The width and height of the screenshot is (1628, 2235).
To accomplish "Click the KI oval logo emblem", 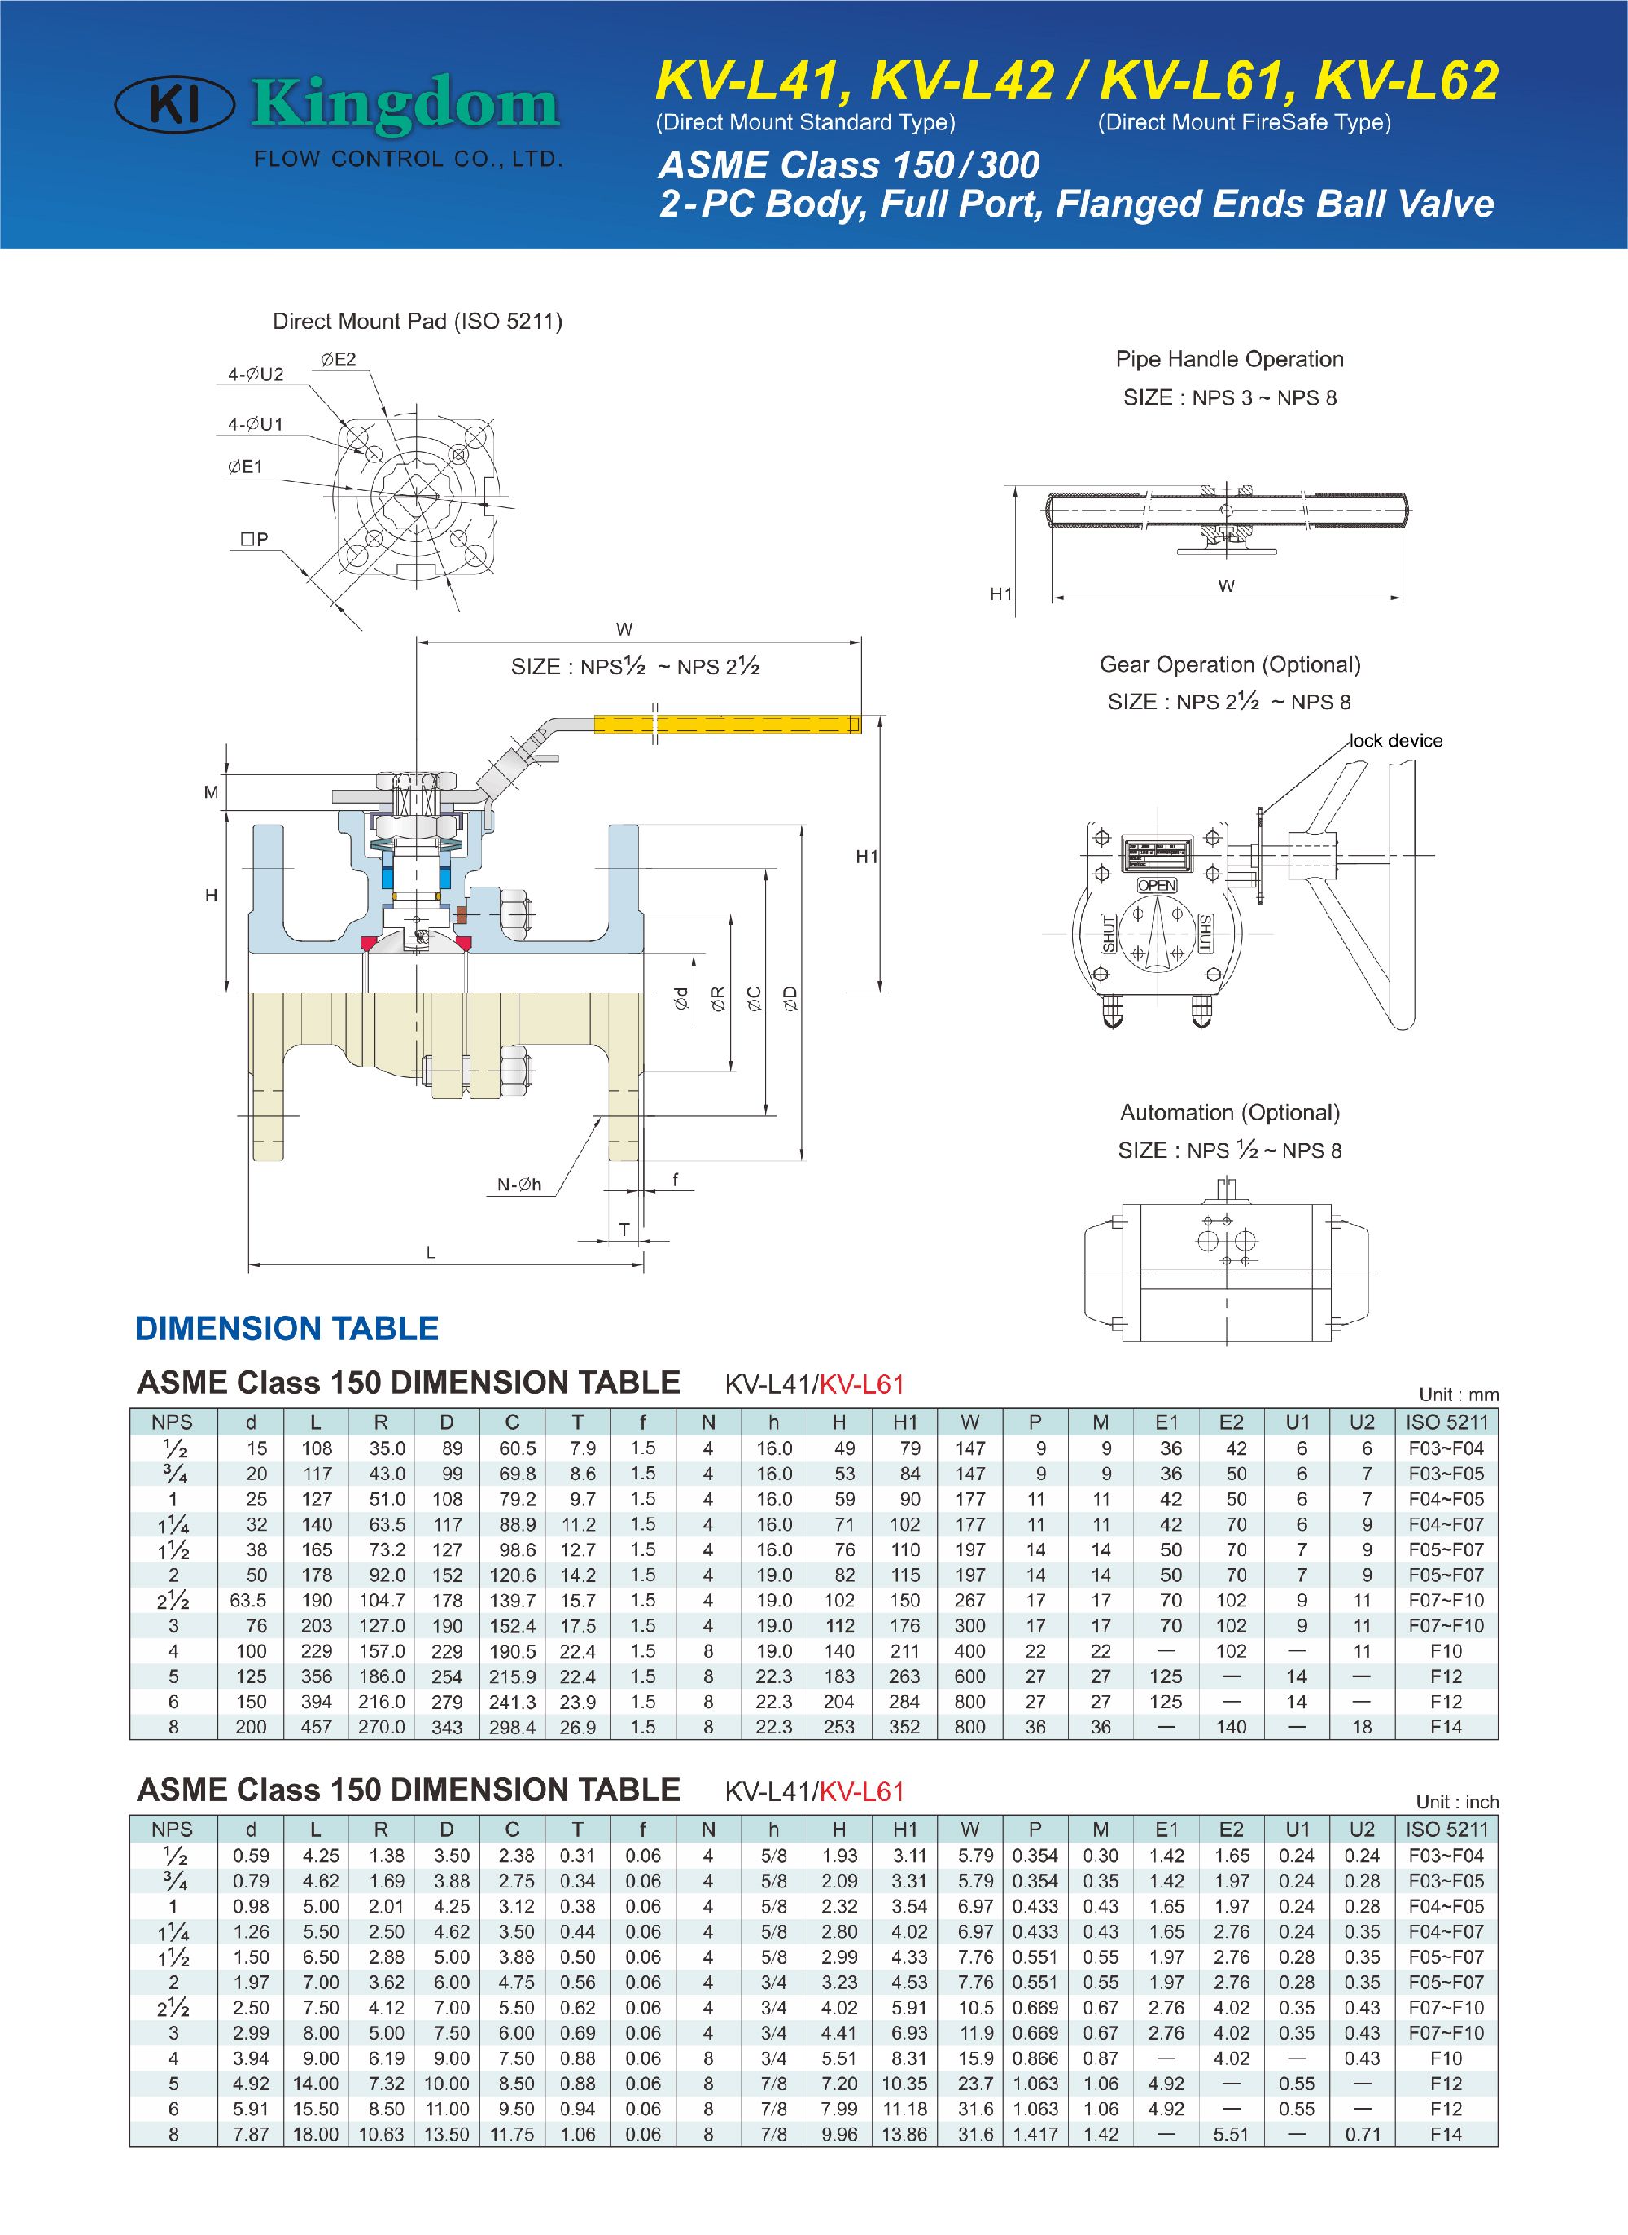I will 174,106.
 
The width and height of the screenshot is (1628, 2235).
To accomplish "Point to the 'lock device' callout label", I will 1395,741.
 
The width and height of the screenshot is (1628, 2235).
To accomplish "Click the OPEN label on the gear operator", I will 1157,885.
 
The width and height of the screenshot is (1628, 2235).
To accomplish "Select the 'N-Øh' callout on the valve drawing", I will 519,1185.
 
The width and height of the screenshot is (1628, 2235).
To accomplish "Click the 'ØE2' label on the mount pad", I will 338,360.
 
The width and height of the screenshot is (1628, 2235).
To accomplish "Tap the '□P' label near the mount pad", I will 253,539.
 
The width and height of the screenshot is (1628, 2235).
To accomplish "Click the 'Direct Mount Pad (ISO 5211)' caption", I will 417,322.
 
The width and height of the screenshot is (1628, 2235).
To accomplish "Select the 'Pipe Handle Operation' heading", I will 1229,359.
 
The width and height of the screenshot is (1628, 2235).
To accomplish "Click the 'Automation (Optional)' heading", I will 1230,1112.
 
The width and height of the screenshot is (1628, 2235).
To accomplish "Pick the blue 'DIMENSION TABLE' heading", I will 287,1329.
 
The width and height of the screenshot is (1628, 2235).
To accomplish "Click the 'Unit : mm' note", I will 1458,1395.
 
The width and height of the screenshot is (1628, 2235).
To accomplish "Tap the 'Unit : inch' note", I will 1456,1801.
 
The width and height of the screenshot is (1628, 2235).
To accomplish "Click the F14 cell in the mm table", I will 1446,1726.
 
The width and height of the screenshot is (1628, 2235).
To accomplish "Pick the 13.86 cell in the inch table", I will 904,2133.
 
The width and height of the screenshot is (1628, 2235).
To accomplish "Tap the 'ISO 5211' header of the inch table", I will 1446,1829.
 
